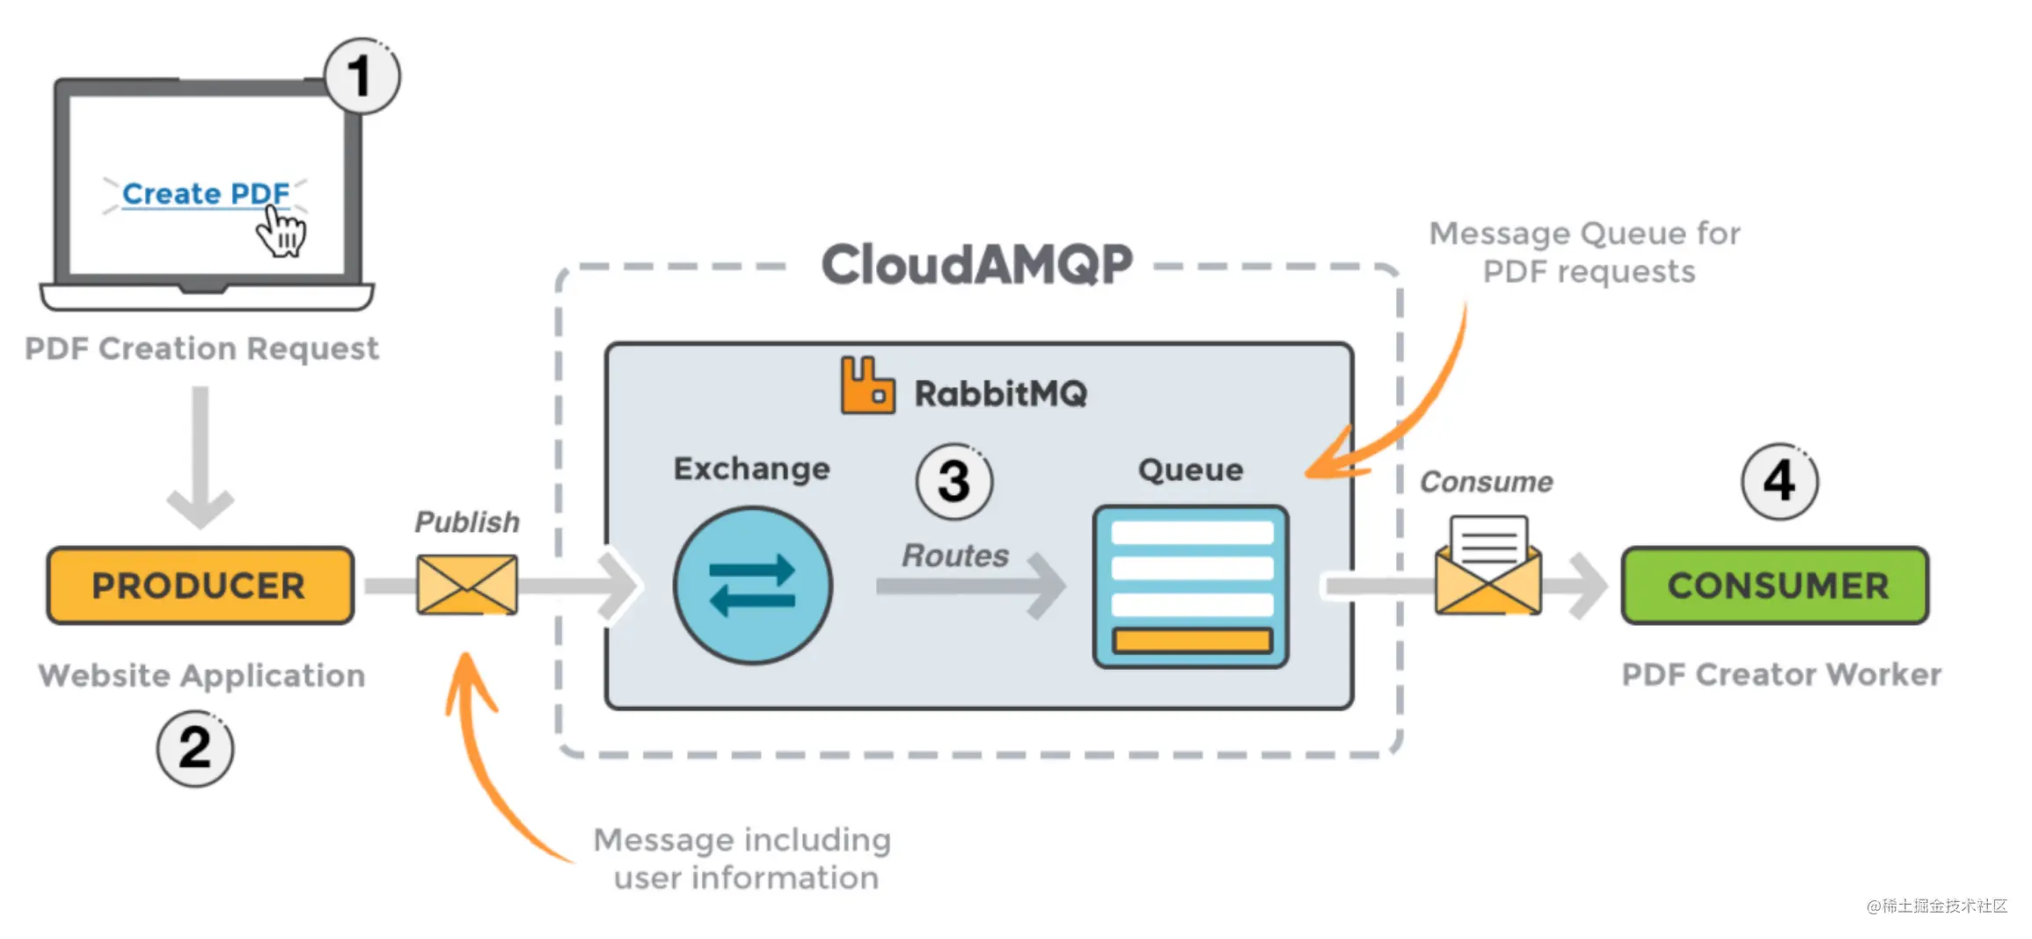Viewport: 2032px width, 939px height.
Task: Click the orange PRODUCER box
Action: pos(201,586)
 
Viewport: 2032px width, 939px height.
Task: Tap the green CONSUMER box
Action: pos(1776,586)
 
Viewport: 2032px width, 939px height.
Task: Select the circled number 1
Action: pos(362,76)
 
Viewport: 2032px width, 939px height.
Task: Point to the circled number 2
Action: pos(195,748)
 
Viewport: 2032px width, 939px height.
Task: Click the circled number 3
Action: pos(954,481)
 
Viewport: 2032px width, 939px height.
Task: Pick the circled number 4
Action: pos(1780,481)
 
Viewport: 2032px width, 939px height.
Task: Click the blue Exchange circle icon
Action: pos(752,585)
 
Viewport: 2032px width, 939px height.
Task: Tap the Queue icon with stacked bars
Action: pos(1191,586)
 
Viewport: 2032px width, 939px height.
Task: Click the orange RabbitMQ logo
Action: pos(867,385)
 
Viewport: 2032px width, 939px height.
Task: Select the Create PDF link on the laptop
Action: pos(206,193)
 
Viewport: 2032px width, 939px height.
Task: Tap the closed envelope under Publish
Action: pos(467,585)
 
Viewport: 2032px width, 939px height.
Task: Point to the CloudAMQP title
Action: pos(976,264)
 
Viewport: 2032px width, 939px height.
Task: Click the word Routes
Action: pos(955,556)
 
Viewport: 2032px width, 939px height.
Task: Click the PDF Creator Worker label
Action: pos(1781,674)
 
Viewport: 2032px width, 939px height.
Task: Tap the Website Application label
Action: pos(201,675)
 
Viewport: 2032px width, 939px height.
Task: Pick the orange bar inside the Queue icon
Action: pos(1192,640)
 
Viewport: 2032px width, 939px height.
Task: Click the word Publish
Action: pos(467,522)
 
